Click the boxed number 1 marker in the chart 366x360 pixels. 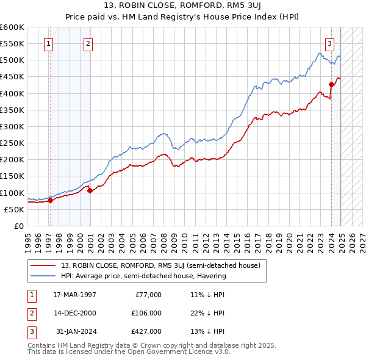[48, 43]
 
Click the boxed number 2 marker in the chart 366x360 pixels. [88, 43]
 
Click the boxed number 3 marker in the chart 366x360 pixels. [329, 43]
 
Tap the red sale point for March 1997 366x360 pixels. [50, 200]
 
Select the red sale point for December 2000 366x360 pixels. [90, 190]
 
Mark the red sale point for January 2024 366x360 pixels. [331, 84]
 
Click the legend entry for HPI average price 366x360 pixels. [143, 276]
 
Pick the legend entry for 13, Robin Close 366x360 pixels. [161, 265]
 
